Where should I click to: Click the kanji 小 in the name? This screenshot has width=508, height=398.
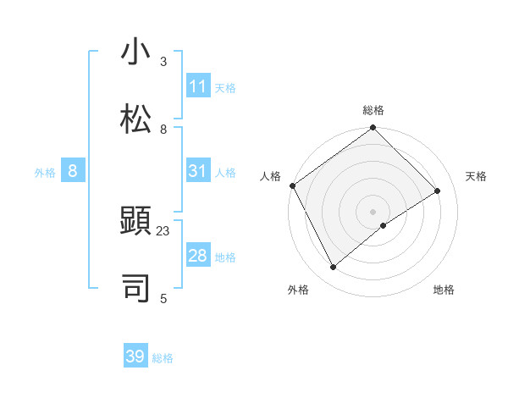click(x=135, y=53)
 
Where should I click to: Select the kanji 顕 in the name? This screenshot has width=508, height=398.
click(x=135, y=222)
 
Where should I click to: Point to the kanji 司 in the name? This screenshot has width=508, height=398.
click(x=135, y=287)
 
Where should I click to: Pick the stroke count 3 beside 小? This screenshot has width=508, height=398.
click(x=163, y=63)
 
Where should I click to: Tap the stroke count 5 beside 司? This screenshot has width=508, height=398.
click(x=163, y=297)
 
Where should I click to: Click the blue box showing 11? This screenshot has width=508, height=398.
click(x=197, y=86)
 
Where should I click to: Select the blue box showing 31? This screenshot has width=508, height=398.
click(x=197, y=172)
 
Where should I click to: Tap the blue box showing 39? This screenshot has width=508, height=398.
click(x=135, y=357)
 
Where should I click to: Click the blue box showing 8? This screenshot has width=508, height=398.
click(x=72, y=172)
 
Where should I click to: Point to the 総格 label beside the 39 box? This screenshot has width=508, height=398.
click(x=163, y=358)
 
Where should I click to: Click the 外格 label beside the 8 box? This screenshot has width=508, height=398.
click(x=45, y=173)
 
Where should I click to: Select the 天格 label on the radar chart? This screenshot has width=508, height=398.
click(x=476, y=176)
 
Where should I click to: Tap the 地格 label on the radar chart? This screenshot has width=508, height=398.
click(x=444, y=290)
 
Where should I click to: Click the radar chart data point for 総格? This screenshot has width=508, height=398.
click(x=373, y=129)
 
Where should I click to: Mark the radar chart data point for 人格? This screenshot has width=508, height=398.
click(x=292, y=185)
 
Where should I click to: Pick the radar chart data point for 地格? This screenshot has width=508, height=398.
click(x=384, y=225)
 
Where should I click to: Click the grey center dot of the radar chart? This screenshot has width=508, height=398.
click(x=373, y=211)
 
